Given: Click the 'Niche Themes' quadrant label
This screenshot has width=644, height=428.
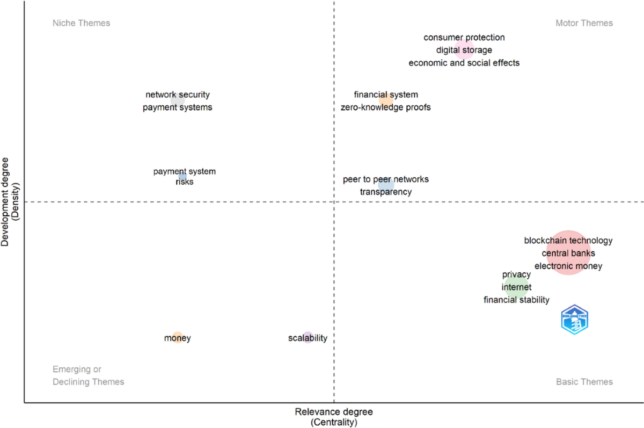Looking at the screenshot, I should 81,23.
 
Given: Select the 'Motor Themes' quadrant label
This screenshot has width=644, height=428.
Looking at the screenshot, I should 584,23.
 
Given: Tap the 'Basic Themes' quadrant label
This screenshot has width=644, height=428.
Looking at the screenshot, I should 584,382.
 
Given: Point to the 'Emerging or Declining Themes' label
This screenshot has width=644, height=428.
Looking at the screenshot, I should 88,376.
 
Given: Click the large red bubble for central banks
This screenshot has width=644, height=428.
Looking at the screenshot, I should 568,253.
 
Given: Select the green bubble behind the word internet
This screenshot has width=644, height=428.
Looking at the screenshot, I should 516,287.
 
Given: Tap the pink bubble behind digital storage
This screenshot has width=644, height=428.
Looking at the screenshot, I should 464,50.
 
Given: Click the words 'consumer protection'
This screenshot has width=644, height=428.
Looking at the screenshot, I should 464,38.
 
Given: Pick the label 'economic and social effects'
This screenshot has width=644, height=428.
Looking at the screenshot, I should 464,63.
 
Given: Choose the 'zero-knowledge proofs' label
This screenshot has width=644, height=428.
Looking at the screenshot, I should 385,107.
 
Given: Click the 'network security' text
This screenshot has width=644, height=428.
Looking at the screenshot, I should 178,95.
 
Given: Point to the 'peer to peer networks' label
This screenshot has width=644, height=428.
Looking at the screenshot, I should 385,179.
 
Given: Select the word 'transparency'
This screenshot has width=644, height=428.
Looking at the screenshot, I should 385,192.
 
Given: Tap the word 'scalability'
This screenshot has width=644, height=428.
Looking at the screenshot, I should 308,338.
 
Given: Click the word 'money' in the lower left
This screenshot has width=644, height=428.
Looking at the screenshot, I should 178,338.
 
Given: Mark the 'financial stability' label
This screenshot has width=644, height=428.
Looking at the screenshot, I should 516,300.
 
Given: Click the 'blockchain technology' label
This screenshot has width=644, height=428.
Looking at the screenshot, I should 568,241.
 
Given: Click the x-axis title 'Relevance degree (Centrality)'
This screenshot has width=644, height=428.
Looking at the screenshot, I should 333,417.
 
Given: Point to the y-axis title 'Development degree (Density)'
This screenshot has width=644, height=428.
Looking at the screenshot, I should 11,201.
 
